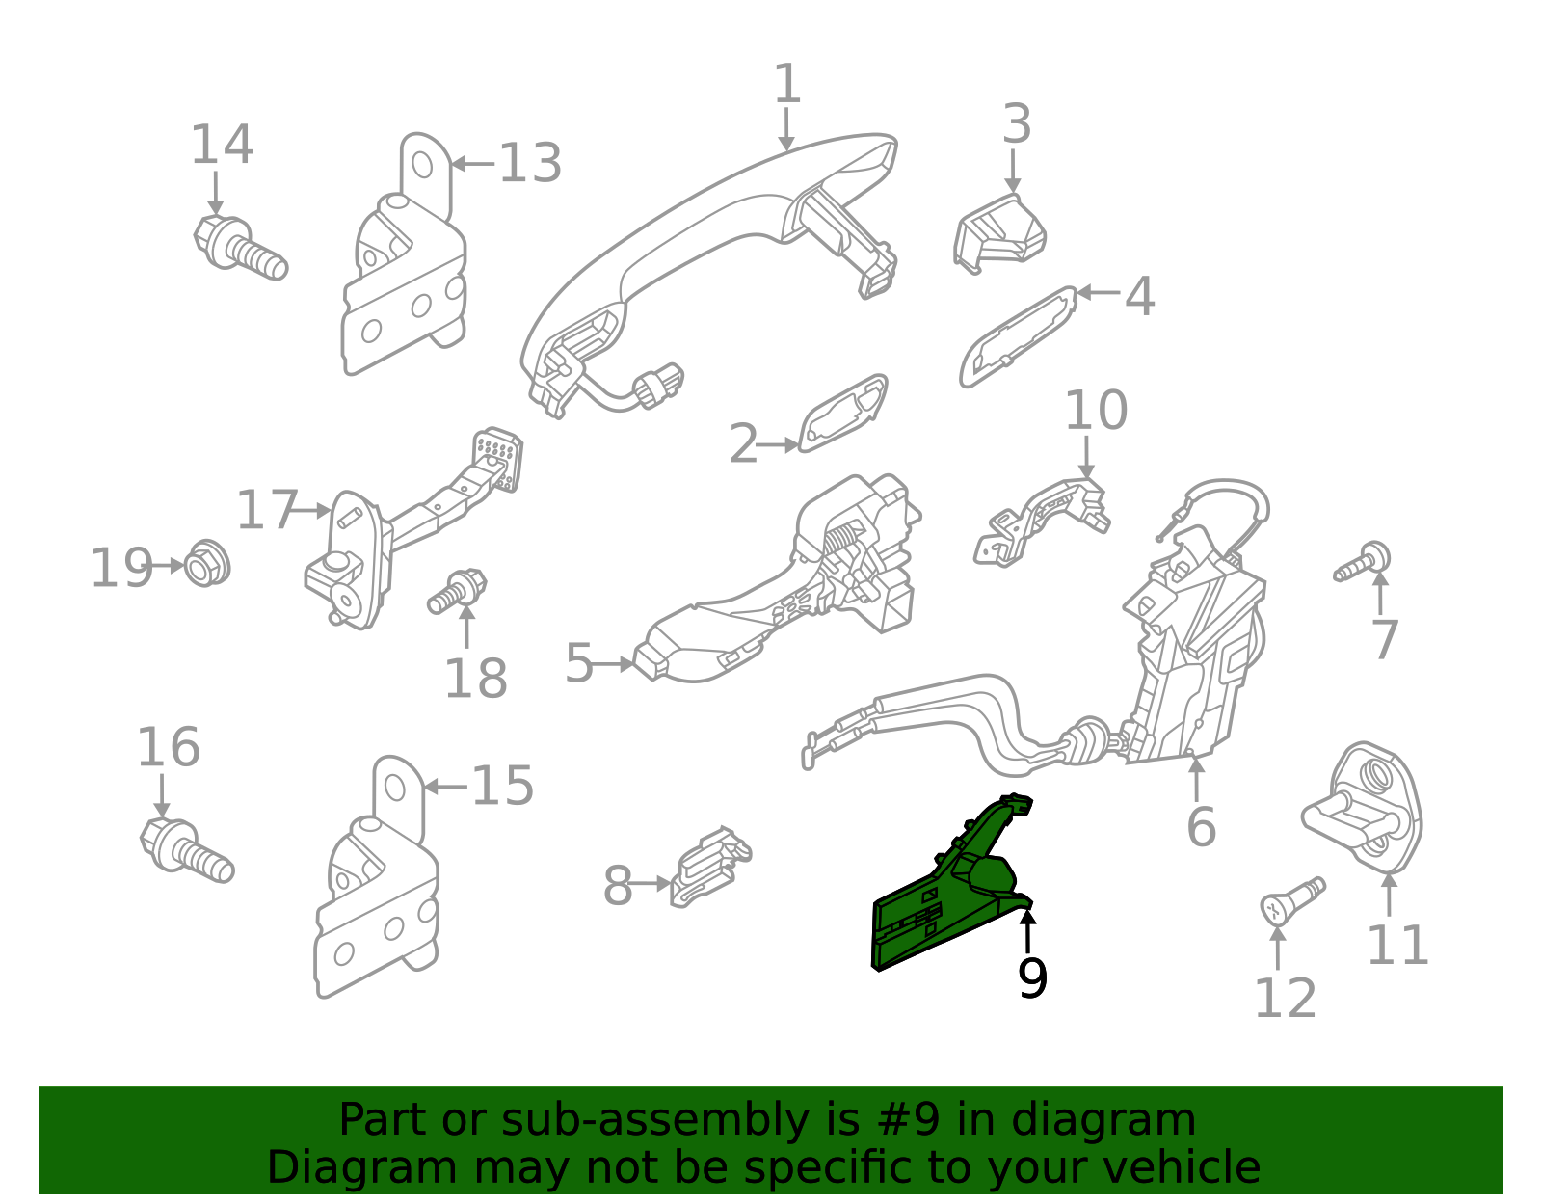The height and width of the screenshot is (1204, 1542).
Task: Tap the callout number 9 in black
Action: (1031, 978)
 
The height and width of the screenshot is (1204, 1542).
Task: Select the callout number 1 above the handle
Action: (787, 84)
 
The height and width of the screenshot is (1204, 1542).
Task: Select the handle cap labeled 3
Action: (999, 231)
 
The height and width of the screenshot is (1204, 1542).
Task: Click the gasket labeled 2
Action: (842, 414)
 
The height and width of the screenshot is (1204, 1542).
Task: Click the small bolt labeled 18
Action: (458, 591)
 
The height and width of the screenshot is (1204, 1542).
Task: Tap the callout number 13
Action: (529, 163)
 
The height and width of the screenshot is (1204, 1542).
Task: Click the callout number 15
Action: (501, 786)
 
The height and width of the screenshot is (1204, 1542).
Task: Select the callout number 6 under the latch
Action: (1201, 827)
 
